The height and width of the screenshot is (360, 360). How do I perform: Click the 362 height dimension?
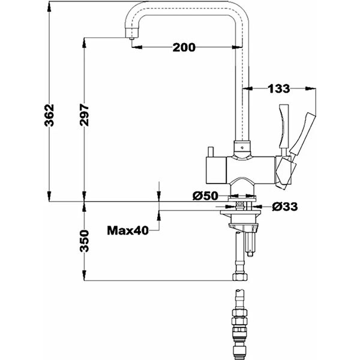(49, 115)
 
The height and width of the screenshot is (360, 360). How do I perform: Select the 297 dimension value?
(84, 115)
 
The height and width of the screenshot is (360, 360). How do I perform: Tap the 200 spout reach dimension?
(184, 47)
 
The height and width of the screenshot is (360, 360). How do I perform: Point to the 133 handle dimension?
(279, 89)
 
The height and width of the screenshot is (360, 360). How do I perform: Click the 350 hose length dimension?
(84, 241)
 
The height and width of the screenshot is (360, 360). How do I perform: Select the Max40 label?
(128, 230)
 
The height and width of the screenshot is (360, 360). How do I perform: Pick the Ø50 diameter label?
(205, 196)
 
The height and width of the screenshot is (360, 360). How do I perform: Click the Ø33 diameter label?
(285, 206)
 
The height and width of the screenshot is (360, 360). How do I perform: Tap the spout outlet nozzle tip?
(131, 38)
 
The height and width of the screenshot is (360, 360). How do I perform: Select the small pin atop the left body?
(211, 152)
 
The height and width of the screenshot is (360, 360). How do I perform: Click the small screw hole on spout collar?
(242, 148)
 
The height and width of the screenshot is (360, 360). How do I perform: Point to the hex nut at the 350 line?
(240, 277)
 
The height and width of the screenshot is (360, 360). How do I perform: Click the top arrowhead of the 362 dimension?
(49, 7)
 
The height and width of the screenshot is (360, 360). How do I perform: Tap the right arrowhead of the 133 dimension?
(310, 88)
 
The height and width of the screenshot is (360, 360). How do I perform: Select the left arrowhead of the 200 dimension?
(137, 47)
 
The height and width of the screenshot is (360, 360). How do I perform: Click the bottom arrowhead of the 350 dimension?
(84, 275)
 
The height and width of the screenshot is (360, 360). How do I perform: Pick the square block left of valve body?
(217, 170)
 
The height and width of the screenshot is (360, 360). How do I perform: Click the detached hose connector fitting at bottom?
(240, 324)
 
